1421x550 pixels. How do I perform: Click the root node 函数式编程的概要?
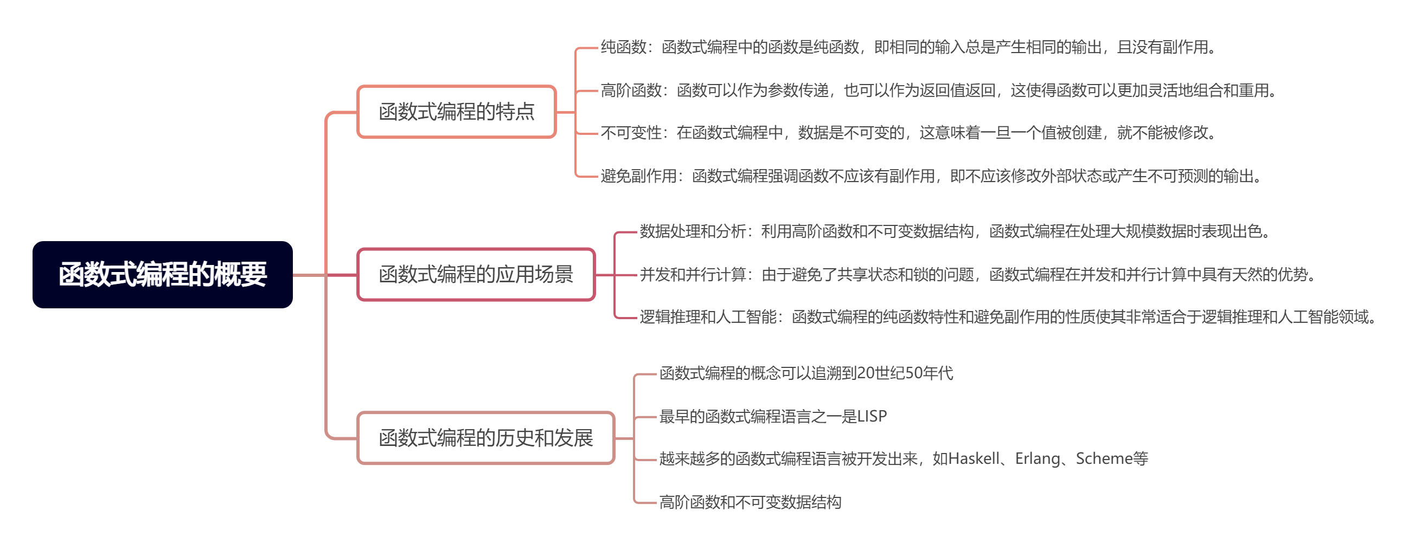(163, 274)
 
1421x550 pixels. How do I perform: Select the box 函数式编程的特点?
(457, 112)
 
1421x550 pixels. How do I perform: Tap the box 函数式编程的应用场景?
(476, 274)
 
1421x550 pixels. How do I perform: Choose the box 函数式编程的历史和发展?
(486, 438)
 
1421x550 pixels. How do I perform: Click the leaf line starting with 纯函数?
(908, 47)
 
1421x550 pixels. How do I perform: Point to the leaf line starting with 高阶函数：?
(939, 90)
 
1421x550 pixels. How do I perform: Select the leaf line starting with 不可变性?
(908, 133)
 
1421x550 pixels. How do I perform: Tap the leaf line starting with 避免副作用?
(931, 176)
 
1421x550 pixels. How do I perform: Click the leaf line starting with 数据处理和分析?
(955, 231)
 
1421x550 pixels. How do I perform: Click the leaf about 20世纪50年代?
(806, 374)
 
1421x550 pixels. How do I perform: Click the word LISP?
(872, 416)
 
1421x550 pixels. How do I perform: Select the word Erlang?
(1038, 459)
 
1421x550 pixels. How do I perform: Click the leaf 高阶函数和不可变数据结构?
(750, 502)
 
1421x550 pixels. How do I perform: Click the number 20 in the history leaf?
(867, 374)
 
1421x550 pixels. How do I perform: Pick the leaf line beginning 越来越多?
(904, 459)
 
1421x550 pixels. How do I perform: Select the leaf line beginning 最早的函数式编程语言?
(773, 417)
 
